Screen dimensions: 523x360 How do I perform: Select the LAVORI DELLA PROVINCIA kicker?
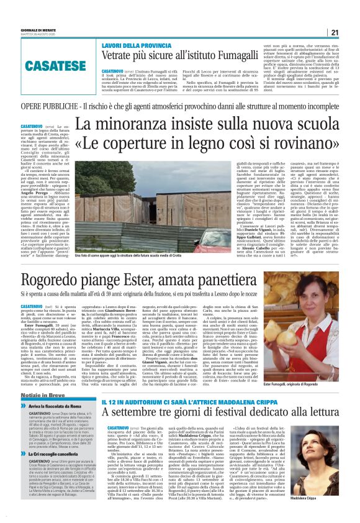tap(133, 47)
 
